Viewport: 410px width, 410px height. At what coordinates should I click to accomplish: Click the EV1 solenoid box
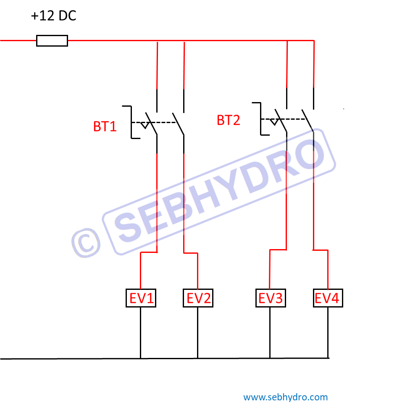pyautogui.click(x=141, y=298)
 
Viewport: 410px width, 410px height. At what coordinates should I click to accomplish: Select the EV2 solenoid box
pyautogui.click(x=198, y=298)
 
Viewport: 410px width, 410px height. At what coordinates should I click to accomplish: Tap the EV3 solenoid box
pyautogui.click(x=270, y=298)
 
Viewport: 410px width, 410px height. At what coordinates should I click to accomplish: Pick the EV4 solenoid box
pyautogui.click(x=328, y=298)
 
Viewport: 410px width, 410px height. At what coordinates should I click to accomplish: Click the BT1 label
pyautogui.click(x=105, y=126)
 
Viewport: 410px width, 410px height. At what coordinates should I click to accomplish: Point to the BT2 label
pyautogui.click(x=229, y=121)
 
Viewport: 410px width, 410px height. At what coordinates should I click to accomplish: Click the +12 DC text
pyautogui.click(x=54, y=17)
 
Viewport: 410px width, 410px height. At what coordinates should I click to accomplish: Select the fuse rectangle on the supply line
pyautogui.click(x=52, y=41)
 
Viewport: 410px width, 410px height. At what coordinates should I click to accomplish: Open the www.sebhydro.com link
pyautogui.click(x=285, y=397)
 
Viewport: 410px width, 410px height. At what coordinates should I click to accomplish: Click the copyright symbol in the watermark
pyautogui.click(x=86, y=243)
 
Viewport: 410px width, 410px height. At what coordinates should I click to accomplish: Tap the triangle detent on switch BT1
pyautogui.click(x=145, y=125)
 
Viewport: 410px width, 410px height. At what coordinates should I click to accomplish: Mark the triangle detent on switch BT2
pyautogui.click(x=274, y=122)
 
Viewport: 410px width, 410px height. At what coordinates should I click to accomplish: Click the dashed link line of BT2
pyautogui.click(x=294, y=119)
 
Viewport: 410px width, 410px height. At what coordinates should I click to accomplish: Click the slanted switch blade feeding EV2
pyautogui.click(x=178, y=124)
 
